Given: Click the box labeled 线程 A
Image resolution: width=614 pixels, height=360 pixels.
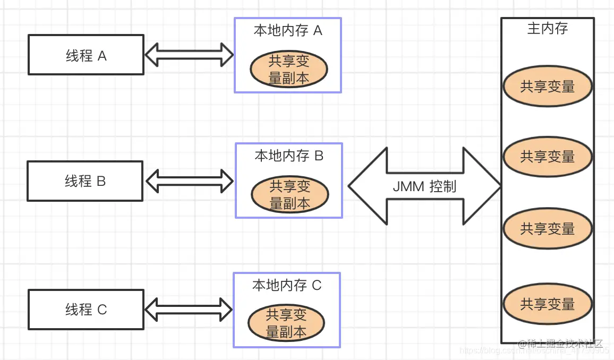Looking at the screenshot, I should [86, 55].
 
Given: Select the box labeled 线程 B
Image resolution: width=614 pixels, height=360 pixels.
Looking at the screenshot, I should [85, 181].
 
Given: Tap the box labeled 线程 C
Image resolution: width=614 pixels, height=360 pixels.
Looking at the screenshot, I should [86, 310].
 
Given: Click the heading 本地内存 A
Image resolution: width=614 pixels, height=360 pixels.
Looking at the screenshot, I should [288, 30].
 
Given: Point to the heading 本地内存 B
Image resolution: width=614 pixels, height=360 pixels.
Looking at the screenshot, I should [289, 156].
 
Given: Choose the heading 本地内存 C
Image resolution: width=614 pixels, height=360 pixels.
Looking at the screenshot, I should [287, 285].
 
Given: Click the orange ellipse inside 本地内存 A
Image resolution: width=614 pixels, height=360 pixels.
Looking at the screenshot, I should [288, 70].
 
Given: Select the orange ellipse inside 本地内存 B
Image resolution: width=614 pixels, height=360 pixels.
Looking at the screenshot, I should [289, 194].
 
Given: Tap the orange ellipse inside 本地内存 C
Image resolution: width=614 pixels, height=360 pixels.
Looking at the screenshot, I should [286, 323].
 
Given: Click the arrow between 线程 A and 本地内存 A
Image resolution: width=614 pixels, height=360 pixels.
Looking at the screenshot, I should [189, 55].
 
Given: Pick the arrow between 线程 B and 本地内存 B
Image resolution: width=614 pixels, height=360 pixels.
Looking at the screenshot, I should [190, 181].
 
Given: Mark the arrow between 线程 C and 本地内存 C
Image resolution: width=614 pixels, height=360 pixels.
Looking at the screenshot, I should [189, 310].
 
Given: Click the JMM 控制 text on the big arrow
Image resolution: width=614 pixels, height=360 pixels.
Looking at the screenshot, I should [424, 186].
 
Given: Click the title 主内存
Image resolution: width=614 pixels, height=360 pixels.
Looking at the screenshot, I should [547, 28].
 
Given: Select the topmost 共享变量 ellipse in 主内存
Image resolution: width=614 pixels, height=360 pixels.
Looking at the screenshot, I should [547, 87].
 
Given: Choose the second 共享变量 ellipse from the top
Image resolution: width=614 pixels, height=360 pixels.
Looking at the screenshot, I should [547, 157].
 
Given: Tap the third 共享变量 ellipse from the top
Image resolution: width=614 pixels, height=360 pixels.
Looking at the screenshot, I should [547, 229].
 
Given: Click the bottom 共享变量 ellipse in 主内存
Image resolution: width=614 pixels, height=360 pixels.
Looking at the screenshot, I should [547, 304].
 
